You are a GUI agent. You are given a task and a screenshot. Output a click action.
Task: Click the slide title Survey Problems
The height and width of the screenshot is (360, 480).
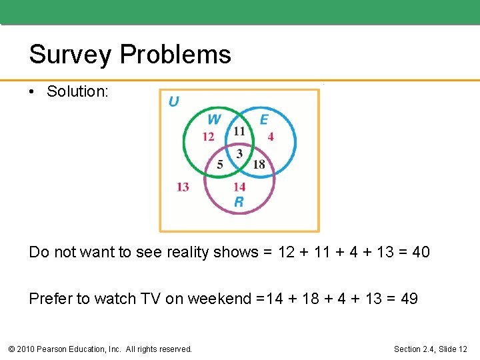click(130, 55)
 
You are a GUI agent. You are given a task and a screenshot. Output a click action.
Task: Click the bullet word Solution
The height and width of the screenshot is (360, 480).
click(77, 92)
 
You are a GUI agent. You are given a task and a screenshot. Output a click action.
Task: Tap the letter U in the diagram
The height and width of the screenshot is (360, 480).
click(173, 101)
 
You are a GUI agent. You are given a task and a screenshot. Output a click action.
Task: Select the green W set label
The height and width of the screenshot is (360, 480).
click(213, 119)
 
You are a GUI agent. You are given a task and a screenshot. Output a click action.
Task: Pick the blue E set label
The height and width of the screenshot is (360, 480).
click(264, 119)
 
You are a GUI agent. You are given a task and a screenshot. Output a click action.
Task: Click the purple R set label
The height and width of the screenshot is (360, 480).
click(239, 202)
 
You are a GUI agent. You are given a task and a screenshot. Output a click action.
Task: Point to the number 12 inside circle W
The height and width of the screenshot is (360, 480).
click(208, 137)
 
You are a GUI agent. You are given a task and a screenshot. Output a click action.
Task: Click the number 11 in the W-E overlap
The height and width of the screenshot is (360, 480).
click(239, 131)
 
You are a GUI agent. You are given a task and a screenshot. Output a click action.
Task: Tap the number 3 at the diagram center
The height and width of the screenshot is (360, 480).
click(239, 153)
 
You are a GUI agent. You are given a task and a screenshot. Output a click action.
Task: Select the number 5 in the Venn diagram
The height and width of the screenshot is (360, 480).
click(220, 165)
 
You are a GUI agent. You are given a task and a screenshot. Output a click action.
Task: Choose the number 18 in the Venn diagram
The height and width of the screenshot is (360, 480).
click(259, 165)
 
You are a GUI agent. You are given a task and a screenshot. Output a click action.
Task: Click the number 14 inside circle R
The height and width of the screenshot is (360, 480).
click(239, 187)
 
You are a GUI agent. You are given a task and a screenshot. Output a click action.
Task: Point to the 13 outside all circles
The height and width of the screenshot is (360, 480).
click(183, 187)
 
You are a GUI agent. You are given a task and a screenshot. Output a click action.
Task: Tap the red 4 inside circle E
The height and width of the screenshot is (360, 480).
click(270, 137)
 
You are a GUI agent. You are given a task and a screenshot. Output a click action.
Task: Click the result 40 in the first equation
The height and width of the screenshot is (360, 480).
click(421, 252)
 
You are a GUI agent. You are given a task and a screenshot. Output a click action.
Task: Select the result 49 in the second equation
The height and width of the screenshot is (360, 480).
click(409, 299)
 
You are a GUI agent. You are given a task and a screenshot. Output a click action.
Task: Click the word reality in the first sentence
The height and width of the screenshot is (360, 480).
click(183, 252)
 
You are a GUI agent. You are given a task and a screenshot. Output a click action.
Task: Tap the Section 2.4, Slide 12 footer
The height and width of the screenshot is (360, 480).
click(431, 349)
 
